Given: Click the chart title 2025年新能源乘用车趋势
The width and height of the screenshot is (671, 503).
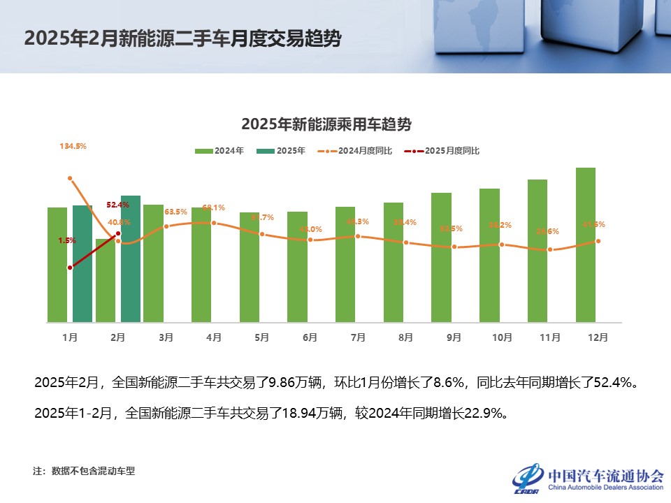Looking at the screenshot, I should pyautogui.click(x=326, y=124).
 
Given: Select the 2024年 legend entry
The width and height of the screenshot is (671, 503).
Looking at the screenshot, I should pyautogui.click(x=219, y=150).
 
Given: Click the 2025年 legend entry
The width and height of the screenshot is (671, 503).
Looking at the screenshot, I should pyautogui.click(x=281, y=150).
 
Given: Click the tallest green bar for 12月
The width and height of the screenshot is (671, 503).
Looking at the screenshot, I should pyautogui.click(x=586, y=245).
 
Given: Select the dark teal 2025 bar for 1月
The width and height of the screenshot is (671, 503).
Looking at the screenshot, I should pyautogui.click(x=82, y=263).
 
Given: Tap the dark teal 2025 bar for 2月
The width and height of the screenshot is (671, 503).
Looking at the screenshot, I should pyautogui.click(x=131, y=258).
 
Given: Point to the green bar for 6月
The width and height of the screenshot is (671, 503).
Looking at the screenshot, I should pyautogui.click(x=297, y=266).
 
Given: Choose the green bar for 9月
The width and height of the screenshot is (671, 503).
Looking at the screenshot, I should pyautogui.click(x=442, y=257).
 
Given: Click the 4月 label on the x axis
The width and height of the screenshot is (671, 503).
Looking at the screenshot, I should pyautogui.click(x=214, y=337).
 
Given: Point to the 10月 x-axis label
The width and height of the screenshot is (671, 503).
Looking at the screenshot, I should pyautogui.click(x=502, y=337).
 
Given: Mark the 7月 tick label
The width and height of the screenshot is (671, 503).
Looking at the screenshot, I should pyautogui.click(x=358, y=337).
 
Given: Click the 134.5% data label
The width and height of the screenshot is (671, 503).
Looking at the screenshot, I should pyautogui.click(x=73, y=146).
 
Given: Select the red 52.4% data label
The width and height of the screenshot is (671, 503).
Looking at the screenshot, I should pyautogui.click(x=118, y=205).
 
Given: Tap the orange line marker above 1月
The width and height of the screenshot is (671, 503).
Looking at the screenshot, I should pyautogui.click(x=70, y=178).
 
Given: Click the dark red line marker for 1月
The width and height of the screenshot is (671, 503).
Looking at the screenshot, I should pyautogui.click(x=70, y=268).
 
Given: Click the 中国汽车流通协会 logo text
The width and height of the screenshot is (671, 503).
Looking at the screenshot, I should pyautogui.click(x=606, y=475).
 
